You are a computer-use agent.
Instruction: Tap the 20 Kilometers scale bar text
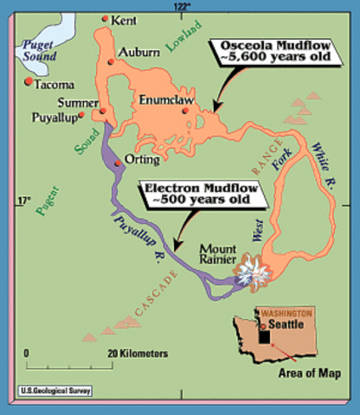pos(137,354)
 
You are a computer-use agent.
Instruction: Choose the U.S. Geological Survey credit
pos(55,391)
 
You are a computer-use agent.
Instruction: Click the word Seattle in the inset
pos(286,325)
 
